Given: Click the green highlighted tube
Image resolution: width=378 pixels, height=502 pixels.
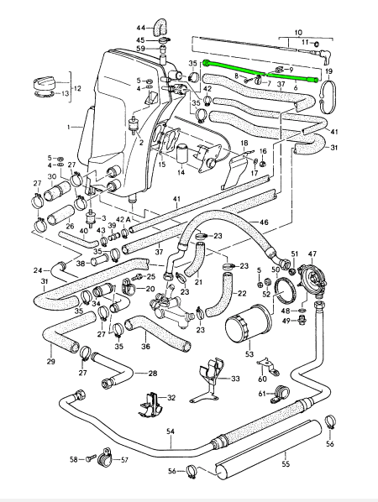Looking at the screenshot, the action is click(x=261, y=72).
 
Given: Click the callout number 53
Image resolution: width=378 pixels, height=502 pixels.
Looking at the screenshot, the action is click(x=249, y=354).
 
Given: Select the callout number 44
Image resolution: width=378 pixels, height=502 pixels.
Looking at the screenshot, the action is click(x=141, y=29).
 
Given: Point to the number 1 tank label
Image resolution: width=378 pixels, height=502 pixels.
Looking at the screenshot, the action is click(x=68, y=128).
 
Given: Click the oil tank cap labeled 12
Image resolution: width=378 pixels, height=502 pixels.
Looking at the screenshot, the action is click(x=45, y=84).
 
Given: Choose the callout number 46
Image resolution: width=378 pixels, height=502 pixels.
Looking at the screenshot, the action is click(x=264, y=222).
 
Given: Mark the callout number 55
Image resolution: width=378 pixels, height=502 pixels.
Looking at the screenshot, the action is click(x=286, y=463).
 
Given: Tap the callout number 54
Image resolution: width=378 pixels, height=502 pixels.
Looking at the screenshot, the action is click(x=171, y=431).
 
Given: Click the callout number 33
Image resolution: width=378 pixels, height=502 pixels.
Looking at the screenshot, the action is click(x=235, y=379).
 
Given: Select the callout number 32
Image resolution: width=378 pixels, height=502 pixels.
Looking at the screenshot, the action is click(x=171, y=398).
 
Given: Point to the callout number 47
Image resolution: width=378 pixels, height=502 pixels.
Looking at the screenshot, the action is click(x=312, y=254).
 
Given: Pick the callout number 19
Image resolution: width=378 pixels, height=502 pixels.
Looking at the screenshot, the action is click(x=328, y=71).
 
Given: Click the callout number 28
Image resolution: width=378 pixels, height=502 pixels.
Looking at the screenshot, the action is click(x=153, y=374).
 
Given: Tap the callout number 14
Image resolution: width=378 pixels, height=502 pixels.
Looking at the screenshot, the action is click(x=181, y=172).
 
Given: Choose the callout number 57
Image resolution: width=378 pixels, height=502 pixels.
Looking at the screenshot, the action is click(x=124, y=460).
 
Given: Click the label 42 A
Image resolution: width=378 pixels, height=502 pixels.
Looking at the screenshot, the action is click(x=123, y=220).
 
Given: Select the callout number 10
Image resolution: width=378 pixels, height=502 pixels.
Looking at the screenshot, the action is click(x=298, y=33).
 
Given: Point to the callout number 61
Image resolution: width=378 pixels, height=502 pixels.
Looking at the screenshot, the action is click(x=262, y=393).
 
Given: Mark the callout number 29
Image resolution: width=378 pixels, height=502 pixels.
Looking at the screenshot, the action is click(x=51, y=362).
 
